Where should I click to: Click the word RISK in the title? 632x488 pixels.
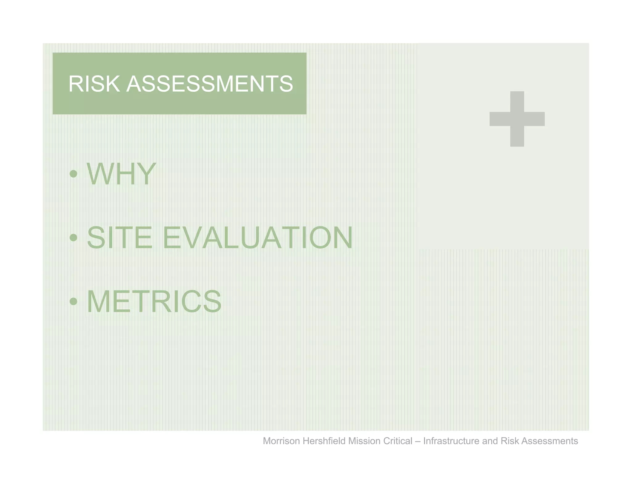point(94,84)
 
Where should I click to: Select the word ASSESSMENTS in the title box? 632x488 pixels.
point(210,84)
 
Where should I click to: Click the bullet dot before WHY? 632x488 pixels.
point(73,174)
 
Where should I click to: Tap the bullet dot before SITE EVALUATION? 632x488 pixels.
point(73,238)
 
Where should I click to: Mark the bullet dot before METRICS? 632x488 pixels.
point(73,301)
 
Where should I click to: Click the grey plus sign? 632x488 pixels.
point(517,119)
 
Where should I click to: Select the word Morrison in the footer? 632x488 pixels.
point(281,441)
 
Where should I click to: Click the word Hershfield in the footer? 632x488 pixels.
point(324,441)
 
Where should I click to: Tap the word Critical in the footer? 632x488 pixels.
point(397,441)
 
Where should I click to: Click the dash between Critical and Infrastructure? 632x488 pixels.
point(418,441)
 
